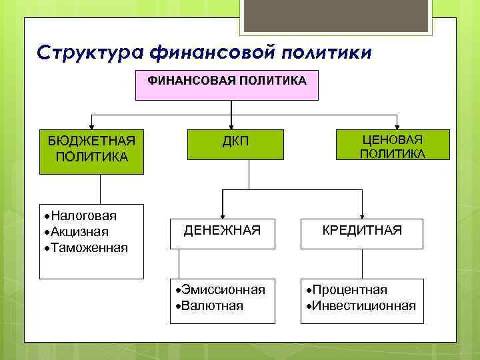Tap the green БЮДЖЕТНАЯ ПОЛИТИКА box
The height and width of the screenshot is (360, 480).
[x=91, y=149]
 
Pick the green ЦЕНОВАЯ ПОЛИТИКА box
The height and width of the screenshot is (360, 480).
[x=392, y=145]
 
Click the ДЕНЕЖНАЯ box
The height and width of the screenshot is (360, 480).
[x=222, y=231]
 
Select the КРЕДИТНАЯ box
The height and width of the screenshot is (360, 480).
[x=362, y=231]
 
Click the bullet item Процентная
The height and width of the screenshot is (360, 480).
[x=349, y=290]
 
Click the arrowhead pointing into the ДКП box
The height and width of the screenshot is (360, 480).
[x=231, y=124]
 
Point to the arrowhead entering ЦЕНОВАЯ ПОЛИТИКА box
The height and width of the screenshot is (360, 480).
[x=397, y=125]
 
